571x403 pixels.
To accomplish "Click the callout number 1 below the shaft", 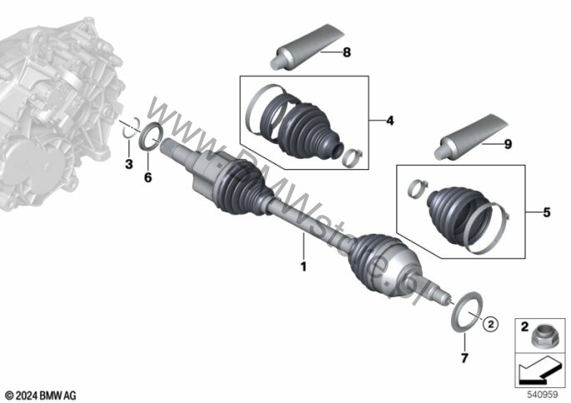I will pyautogui.click(x=304, y=267).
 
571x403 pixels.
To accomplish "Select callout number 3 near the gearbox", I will pyautogui.click(x=128, y=165).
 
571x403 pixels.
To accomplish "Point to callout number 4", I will pyautogui.click(x=390, y=121).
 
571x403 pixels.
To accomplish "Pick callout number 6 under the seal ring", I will pyautogui.click(x=148, y=177).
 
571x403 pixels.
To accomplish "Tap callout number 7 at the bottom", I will pyautogui.click(x=464, y=358).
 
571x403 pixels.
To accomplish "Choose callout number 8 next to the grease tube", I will pyautogui.click(x=346, y=52).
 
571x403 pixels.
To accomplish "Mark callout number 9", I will pyautogui.click(x=506, y=143).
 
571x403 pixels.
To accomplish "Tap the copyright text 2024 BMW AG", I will pyautogui.click(x=39, y=393).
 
